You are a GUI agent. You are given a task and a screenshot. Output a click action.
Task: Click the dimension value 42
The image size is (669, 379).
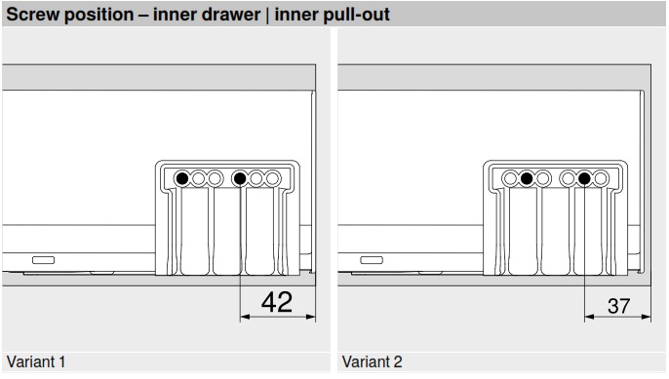pos(277,302)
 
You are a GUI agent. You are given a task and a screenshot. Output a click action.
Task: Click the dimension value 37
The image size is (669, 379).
pos(618,306)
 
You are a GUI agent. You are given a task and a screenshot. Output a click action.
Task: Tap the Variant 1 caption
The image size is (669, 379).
pos(36,361)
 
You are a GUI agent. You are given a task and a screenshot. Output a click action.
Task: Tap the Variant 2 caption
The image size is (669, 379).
pos(373,361)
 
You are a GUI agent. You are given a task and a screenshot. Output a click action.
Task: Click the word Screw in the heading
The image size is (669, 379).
pos(33,15)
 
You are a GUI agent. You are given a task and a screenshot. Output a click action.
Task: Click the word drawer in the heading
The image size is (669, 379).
pos(231,15)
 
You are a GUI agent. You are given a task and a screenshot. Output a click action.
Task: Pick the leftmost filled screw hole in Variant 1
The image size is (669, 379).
pos(182,178)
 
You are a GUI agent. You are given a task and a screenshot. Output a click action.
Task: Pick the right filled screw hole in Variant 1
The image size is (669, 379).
pos(240,178)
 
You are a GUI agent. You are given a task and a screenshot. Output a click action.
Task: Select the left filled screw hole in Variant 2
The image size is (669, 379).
pos(527,178)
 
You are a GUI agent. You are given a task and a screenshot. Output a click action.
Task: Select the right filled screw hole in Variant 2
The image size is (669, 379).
pos(584,178)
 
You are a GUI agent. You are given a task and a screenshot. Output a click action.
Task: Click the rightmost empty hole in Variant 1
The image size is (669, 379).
pos(272,178)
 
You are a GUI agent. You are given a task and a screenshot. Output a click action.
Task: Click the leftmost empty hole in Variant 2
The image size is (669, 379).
pos(510,178)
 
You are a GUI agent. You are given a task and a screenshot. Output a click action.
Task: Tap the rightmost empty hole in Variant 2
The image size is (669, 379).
pos(601,178)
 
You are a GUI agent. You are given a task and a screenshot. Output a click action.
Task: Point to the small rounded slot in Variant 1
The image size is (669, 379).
pos(44,260)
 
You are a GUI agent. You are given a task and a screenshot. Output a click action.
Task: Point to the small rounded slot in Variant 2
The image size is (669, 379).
pos(372,260)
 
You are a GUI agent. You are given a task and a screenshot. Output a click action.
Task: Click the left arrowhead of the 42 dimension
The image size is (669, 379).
pos(245,317)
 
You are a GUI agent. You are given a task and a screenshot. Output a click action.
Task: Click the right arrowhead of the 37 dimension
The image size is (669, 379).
pos(646,317)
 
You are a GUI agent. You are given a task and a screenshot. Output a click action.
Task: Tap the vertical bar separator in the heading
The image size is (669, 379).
pos(267,15)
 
